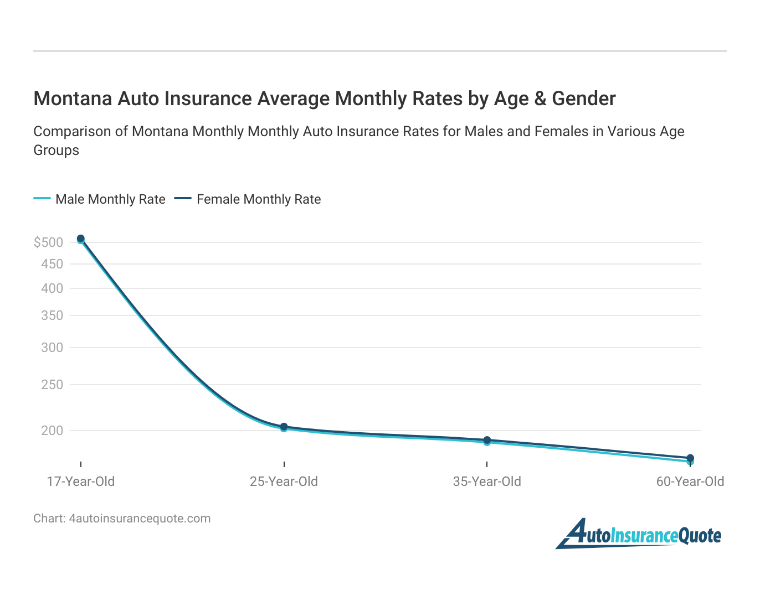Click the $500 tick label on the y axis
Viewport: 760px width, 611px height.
pyautogui.click(x=48, y=242)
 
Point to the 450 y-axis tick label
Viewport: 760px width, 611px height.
pyautogui.click(x=52, y=264)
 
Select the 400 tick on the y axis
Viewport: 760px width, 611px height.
pyautogui.click(x=52, y=288)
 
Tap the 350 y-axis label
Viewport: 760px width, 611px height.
pyautogui.click(x=52, y=315)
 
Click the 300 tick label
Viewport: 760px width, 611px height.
pyautogui.click(x=52, y=348)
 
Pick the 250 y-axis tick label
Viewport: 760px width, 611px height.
pyautogui.click(x=52, y=385)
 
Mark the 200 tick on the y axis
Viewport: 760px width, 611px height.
pyautogui.click(x=52, y=431)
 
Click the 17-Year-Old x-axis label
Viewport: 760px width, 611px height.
pyautogui.click(x=81, y=481)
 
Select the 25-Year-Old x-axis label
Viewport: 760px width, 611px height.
pyautogui.click(x=284, y=481)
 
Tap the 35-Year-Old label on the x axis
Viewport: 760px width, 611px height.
pyautogui.click(x=487, y=481)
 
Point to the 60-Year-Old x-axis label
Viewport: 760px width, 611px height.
pyautogui.click(x=690, y=481)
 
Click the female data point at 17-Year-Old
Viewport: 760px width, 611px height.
pyautogui.click(x=81, y=239)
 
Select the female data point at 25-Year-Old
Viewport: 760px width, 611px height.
pyautogui.click(x=284, y=427)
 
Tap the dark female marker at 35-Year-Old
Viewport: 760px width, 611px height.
pyautogui.click(x=487, y=440)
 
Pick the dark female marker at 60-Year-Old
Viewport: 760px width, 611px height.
pyautogui.click(x=690, y=458)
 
